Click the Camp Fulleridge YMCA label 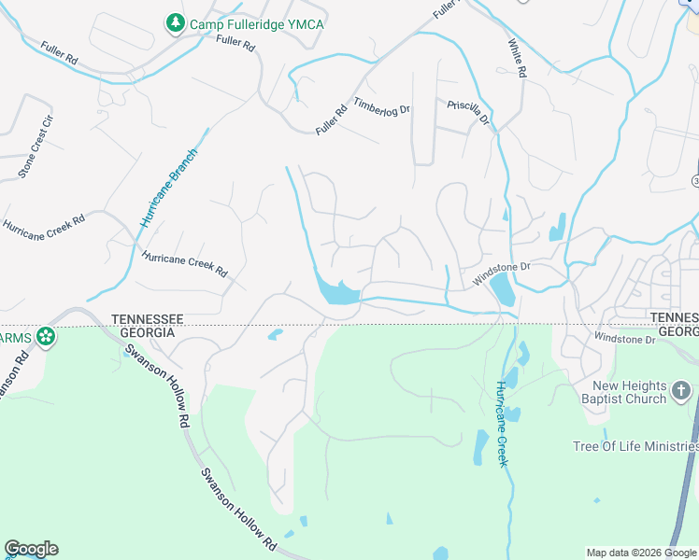(256, 24)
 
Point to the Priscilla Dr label (468, 112)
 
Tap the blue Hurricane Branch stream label (169, 189)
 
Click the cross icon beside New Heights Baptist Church (681, 389)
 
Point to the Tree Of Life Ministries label (635, 446)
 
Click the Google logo (31, 549)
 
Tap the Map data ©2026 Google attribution (641, 553)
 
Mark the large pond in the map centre (336, 292)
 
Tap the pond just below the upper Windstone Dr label (503, 288)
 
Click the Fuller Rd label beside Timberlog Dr (332, 119)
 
